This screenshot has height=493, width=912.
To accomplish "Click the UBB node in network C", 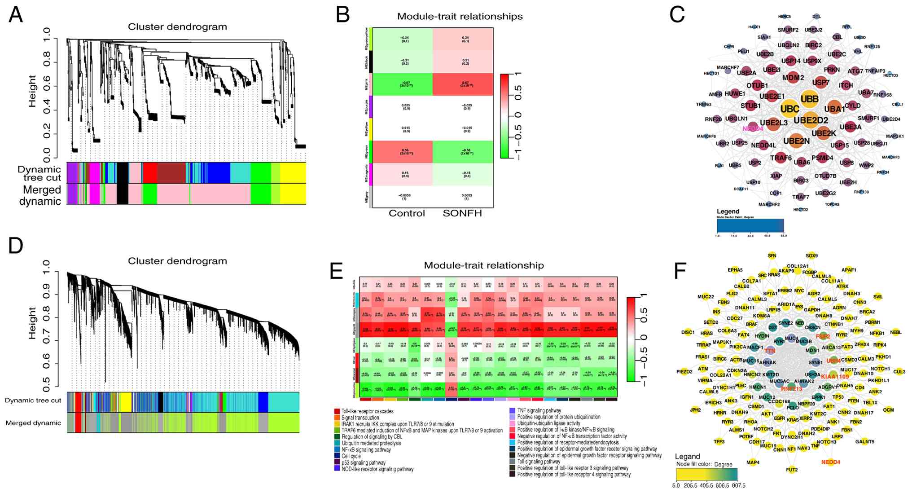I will pyautogui.click(x=810, y=99).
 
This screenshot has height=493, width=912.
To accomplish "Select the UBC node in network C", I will pyautogui.click(x=789, y=109).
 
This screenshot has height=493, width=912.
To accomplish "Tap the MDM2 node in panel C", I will pyautogui.click(x=793, y=78).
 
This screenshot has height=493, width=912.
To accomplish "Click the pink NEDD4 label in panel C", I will pyautogui.click(x=753, y=129).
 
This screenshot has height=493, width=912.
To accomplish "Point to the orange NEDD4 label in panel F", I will pyautogui.click(x=830, y=462).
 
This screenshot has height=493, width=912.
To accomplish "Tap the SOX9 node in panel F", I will pyautogui.click(x=811, y=255).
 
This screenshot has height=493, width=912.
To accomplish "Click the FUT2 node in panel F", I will pyautogui.click(x=792, y=470).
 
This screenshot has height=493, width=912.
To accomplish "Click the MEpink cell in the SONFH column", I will pyautogui.click(x=463, y=84).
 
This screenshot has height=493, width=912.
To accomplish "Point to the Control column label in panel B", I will pyautogui.click(x=407, y=213).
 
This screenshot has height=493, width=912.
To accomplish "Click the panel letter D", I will pyautogui.click(x=16, y=246).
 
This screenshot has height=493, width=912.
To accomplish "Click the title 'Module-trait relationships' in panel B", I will pyautogui.click(x=460, y=17).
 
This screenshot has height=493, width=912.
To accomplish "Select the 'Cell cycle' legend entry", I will pyautogui.click(x=351, y=456).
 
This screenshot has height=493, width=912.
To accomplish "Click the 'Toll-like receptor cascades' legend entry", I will pyautogui.click(x=367, y=411).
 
